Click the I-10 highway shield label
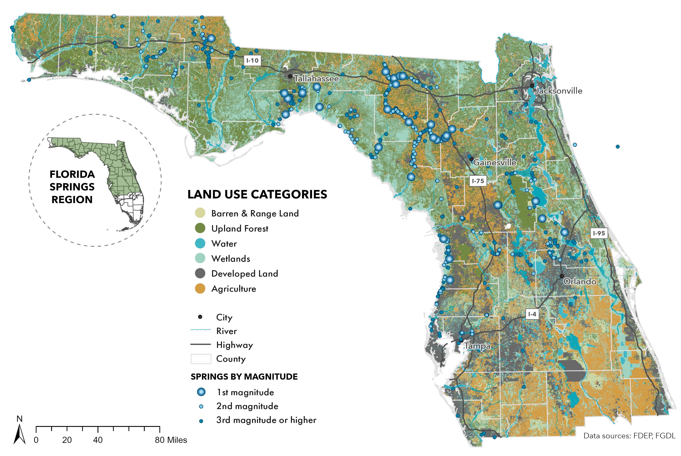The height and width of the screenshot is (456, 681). click(x=252, y=61)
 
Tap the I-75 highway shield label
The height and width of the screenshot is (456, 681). click(x=478, y=181)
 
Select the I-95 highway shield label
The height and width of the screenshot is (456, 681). click(x=599, y=233)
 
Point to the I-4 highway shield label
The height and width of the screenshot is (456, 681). click(x=532, y=314)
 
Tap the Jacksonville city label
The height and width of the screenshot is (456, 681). click(x=559, y=91)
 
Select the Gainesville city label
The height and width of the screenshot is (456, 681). click(x=495, y=162)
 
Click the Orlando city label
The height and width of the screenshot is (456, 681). click(x=580, y=282)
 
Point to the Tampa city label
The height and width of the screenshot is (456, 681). click(x=477, y=346)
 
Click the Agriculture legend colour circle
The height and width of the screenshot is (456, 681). click(x=200, y=289)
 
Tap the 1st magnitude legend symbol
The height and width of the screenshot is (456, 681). click(x=201, y=392)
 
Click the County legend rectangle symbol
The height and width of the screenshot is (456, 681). click(x=201, y=359)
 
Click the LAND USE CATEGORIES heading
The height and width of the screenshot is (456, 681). click(x=257, y=194)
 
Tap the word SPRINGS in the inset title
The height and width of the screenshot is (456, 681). click(x=72, y=187)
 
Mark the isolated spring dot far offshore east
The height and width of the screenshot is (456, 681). click(x=617, y=147)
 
